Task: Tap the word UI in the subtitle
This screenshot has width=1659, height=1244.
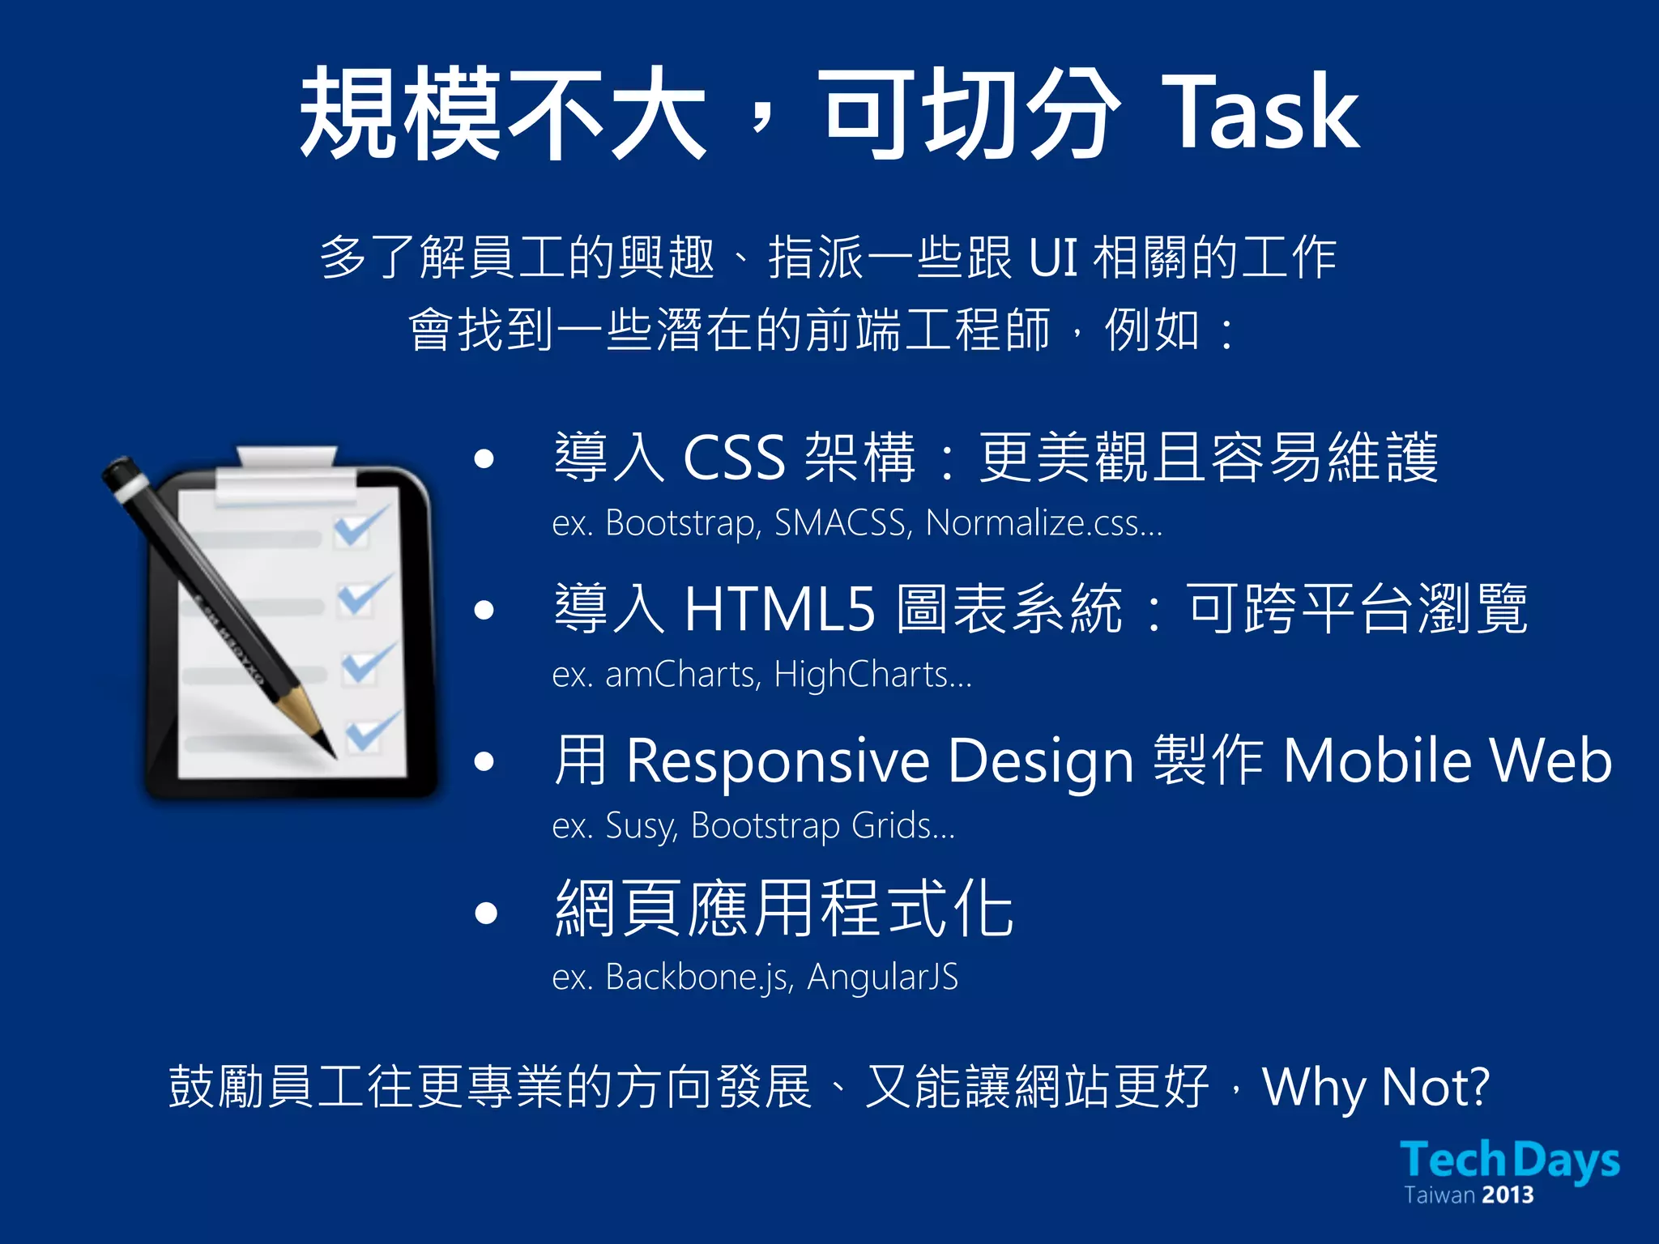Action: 1052,258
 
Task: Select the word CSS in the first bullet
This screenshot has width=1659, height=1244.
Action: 734,458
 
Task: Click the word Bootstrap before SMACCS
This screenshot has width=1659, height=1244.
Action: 683,523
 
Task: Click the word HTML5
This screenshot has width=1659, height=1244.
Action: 780,609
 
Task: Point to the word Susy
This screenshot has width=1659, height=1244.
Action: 641,826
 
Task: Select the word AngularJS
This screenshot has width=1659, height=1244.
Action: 883,977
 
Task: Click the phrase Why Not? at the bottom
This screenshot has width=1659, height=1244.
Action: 1375,1087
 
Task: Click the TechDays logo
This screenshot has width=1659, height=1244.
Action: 1510,1160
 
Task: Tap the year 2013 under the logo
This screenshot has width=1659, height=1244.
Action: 1508,1195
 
